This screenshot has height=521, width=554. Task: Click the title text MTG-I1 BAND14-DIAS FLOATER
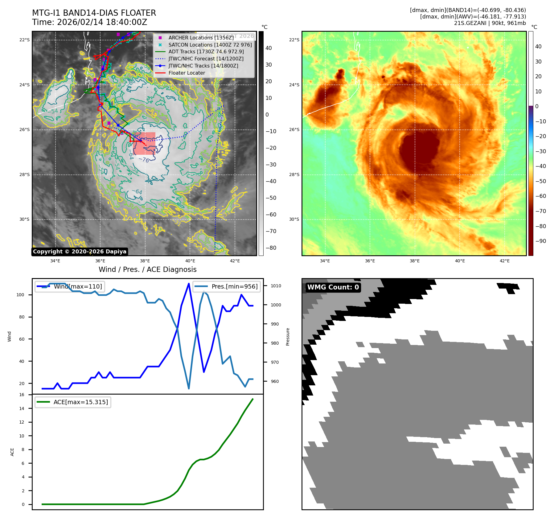[94, 13]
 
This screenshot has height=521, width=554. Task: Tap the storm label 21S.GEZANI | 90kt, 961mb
[490, 23]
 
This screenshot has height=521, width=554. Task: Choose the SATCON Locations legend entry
[210, 45]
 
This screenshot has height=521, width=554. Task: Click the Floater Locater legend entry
[187, 73]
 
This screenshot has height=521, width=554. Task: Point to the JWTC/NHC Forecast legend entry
[206, 59]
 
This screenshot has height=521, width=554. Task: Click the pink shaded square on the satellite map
[144, 143]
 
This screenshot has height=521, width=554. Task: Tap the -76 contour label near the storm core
[144, 160]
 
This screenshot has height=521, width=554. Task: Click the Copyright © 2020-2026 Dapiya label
[80, 252]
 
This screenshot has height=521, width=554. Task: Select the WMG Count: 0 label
[333, 287]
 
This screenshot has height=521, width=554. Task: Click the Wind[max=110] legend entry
[78, 287]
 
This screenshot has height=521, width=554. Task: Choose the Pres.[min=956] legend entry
[234, 287]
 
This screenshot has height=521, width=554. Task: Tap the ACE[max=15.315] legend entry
[80, 402]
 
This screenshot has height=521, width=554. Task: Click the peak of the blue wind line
[189, 284]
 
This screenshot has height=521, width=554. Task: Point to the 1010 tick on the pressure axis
[276, 286]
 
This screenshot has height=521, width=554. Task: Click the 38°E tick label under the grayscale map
[145, 261]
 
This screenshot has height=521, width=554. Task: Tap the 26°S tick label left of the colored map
[294, 130]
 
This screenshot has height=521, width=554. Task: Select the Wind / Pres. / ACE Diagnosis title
[147, 270]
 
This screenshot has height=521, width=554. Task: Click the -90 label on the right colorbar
[541, 241]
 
